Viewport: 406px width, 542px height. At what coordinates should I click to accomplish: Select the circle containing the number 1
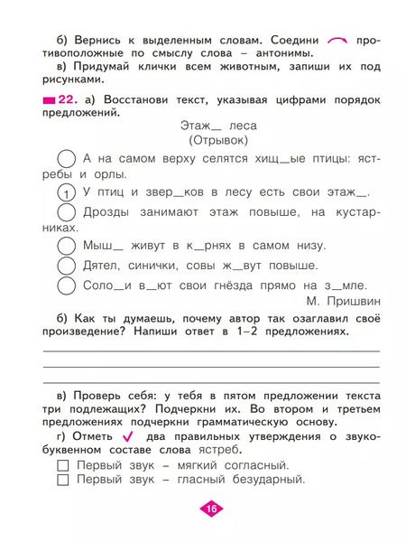(66, 193)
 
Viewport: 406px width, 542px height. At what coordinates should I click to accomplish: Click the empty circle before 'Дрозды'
(66, 213)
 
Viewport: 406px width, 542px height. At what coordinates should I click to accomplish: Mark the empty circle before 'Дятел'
(66, 266)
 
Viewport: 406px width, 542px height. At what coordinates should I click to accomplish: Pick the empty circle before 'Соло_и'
(66, 285)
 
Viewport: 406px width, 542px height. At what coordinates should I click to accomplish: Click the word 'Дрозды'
(108, 211)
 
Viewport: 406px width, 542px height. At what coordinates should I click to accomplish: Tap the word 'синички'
(164, 266)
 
